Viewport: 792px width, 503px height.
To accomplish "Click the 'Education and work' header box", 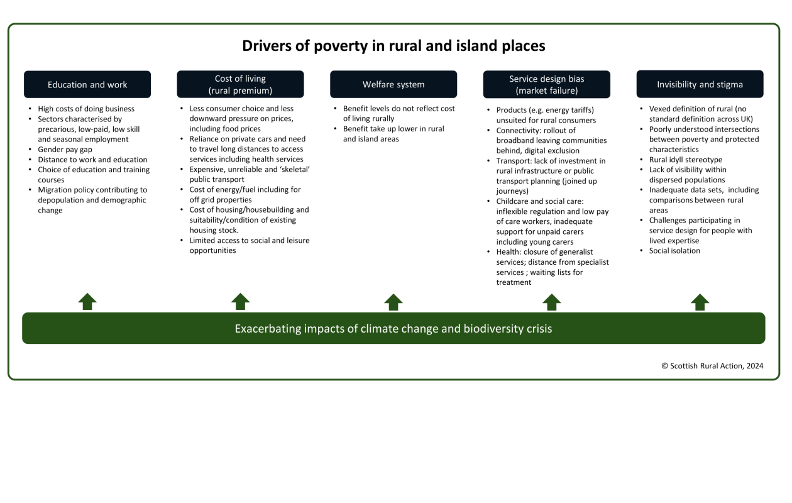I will click(87, 84).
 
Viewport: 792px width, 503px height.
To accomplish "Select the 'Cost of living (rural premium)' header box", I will click(240, 84).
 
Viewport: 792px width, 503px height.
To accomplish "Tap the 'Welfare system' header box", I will click(393, 84).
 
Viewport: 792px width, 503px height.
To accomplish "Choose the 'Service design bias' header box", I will click(546, 84).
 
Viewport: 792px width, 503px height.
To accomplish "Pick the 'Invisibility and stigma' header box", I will click(700, 84).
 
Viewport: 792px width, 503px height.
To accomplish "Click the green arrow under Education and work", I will click(87, 302).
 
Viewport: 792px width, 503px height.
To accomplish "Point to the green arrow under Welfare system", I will click(393, 302).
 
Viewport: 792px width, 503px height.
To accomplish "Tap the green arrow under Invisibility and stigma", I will click(700, 302).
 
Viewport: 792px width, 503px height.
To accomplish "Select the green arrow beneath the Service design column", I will click(551, 302).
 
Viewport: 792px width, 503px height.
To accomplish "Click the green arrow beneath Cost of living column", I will click(240, 302).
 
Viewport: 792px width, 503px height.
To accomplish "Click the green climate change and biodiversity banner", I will click(393, 328).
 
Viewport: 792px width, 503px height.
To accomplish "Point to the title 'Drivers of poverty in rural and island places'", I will click(393, 46).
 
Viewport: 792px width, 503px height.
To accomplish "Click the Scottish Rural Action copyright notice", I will click(712, 366).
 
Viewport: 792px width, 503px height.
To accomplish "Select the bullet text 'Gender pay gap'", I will click(65, 150).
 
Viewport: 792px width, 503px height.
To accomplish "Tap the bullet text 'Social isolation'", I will click(674, 251).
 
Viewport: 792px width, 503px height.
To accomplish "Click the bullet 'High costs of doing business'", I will click(86, 109).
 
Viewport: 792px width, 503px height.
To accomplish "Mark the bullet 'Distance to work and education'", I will click(92, 160).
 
